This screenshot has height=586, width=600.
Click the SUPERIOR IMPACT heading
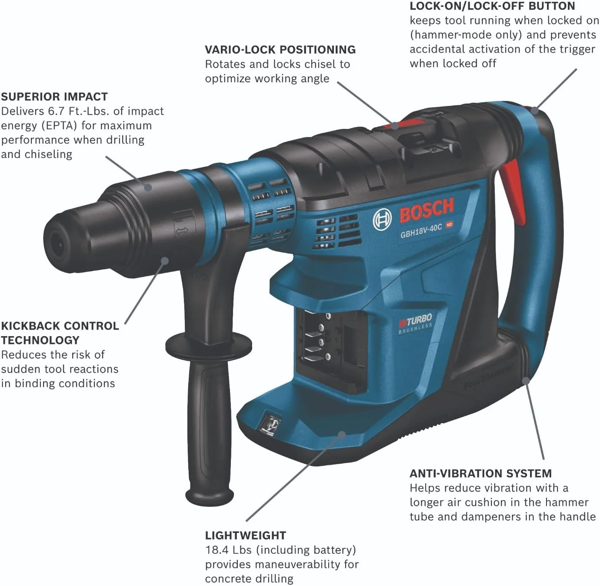(54, 97)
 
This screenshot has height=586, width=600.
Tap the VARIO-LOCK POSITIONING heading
(280, 50)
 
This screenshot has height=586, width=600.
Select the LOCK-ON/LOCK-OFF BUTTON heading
(492, 6)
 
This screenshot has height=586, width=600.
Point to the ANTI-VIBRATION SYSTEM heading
(480, 473)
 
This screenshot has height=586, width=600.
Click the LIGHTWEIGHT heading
(246, 535)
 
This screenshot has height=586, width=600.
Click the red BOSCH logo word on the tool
(427, 210)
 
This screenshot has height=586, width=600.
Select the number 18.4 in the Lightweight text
(217, 550)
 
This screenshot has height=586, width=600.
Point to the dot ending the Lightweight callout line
(342, 434)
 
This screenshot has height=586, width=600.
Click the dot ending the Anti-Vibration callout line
(526, 380)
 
